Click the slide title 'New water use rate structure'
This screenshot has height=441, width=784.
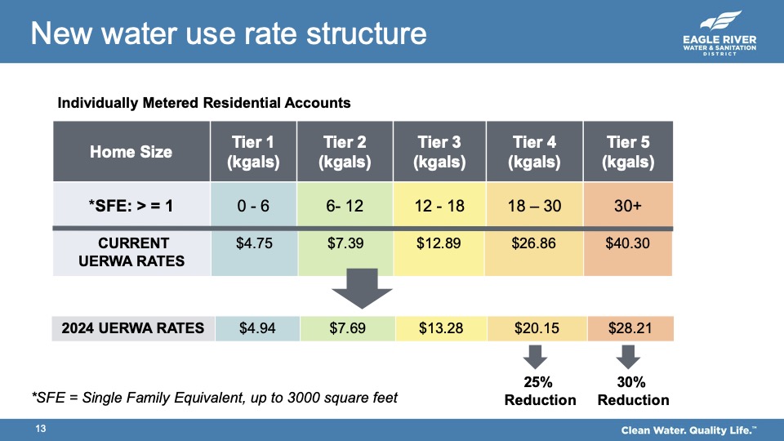[229, 33]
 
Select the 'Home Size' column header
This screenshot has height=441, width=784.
[131, 152]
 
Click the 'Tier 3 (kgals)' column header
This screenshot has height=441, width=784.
[439, 152]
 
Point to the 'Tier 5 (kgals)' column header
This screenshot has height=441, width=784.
[628, 152]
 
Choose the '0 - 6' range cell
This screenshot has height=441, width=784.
[253, 206]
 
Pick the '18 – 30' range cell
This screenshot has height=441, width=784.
[535, 206]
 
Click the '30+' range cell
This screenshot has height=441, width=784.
[628, 206]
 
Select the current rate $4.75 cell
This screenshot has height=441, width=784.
[253, 243]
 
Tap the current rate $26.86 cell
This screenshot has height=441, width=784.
[535, 243]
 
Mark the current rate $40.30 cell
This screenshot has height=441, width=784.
[628, 243]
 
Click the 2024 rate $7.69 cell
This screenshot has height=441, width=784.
[347, 328]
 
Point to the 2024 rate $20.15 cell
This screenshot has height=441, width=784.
[535, 328]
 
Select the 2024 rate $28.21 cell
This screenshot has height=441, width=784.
[628, 328]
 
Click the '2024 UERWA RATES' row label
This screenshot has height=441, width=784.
[133, 328]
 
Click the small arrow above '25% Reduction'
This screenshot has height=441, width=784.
[535, 357]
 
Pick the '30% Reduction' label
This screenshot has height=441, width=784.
[633, 391]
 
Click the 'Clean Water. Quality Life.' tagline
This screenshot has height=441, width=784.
[688, 430]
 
